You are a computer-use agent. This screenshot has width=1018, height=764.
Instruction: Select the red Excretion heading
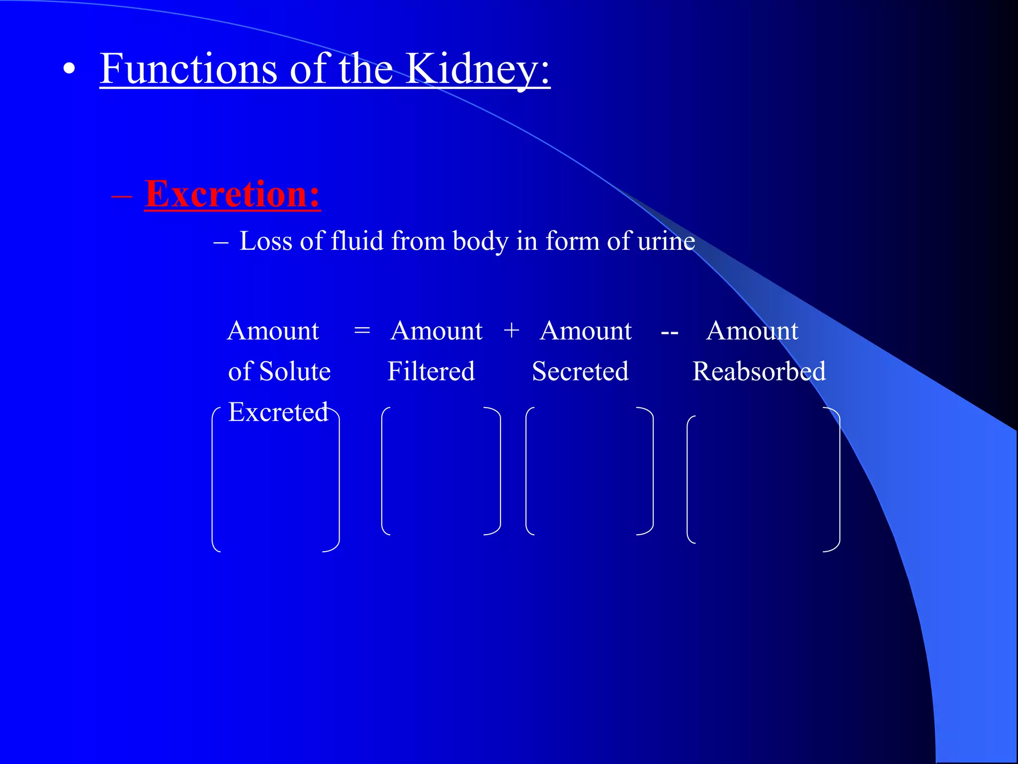232,194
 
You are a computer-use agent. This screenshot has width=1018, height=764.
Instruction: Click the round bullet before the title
70,70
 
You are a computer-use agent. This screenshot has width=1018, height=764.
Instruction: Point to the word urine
666,241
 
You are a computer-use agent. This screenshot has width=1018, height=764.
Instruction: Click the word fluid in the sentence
357,241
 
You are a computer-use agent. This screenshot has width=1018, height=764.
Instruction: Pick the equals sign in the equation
362,331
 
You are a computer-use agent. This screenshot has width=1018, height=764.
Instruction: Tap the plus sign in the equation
511,331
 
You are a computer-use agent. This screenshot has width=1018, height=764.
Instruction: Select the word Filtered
431,372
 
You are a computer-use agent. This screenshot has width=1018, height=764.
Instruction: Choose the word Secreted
580,372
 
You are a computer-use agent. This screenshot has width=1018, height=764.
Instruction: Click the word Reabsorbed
759,372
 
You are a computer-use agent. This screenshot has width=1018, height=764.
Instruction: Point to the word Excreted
278,412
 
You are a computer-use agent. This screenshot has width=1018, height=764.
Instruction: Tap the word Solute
295,372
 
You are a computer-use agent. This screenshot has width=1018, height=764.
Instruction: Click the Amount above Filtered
436,331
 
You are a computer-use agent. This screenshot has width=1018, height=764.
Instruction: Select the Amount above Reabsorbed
752,331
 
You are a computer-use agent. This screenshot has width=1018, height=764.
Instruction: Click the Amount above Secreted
586,331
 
